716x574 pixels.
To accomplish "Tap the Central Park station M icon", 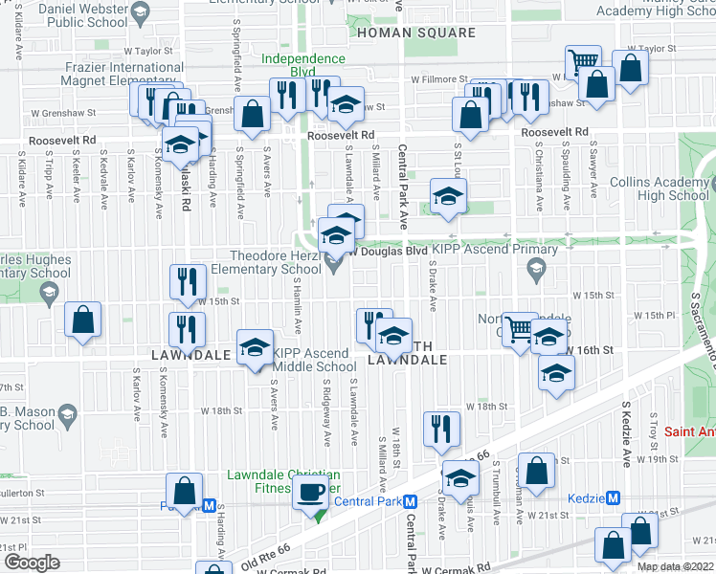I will point(409,501).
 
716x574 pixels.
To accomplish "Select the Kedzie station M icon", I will point(615,497).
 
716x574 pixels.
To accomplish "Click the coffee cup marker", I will point(308,492).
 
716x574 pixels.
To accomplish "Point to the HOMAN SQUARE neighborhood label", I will point(415,33).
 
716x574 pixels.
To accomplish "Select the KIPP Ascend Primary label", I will point(496,250).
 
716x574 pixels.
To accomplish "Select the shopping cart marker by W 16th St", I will point(518,328).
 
